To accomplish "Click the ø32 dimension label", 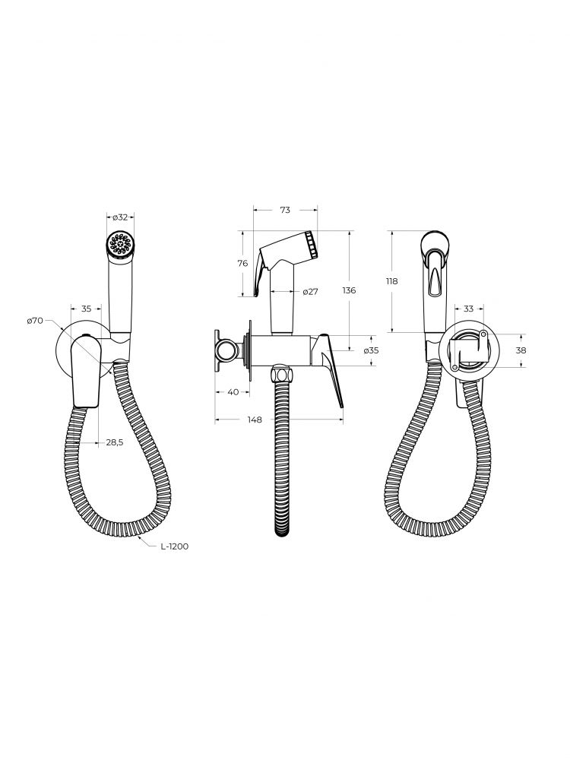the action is pos(120,217).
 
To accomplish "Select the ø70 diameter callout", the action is pos(36,321).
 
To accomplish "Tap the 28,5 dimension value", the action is pos(115,442).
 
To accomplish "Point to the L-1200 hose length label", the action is pos(175,546).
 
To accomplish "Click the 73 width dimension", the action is pos(285,210).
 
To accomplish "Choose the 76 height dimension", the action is pos(243,263).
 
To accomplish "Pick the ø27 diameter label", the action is pos(310,291).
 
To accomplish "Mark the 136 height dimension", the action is pos(349,290).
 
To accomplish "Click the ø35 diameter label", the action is pos(371,350).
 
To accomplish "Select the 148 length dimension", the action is pos(254,420).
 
